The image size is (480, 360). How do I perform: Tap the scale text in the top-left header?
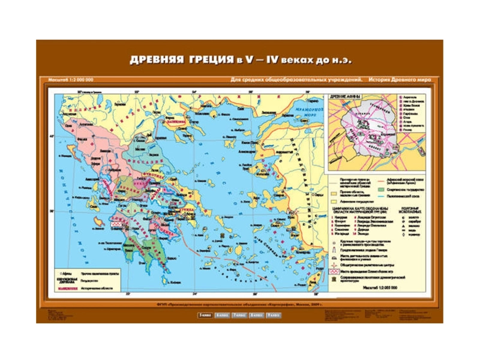(70, 80)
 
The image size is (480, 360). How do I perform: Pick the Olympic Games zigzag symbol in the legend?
(335, 271)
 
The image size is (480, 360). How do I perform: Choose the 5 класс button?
(205, 314)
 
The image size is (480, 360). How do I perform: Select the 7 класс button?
(240, 314)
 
